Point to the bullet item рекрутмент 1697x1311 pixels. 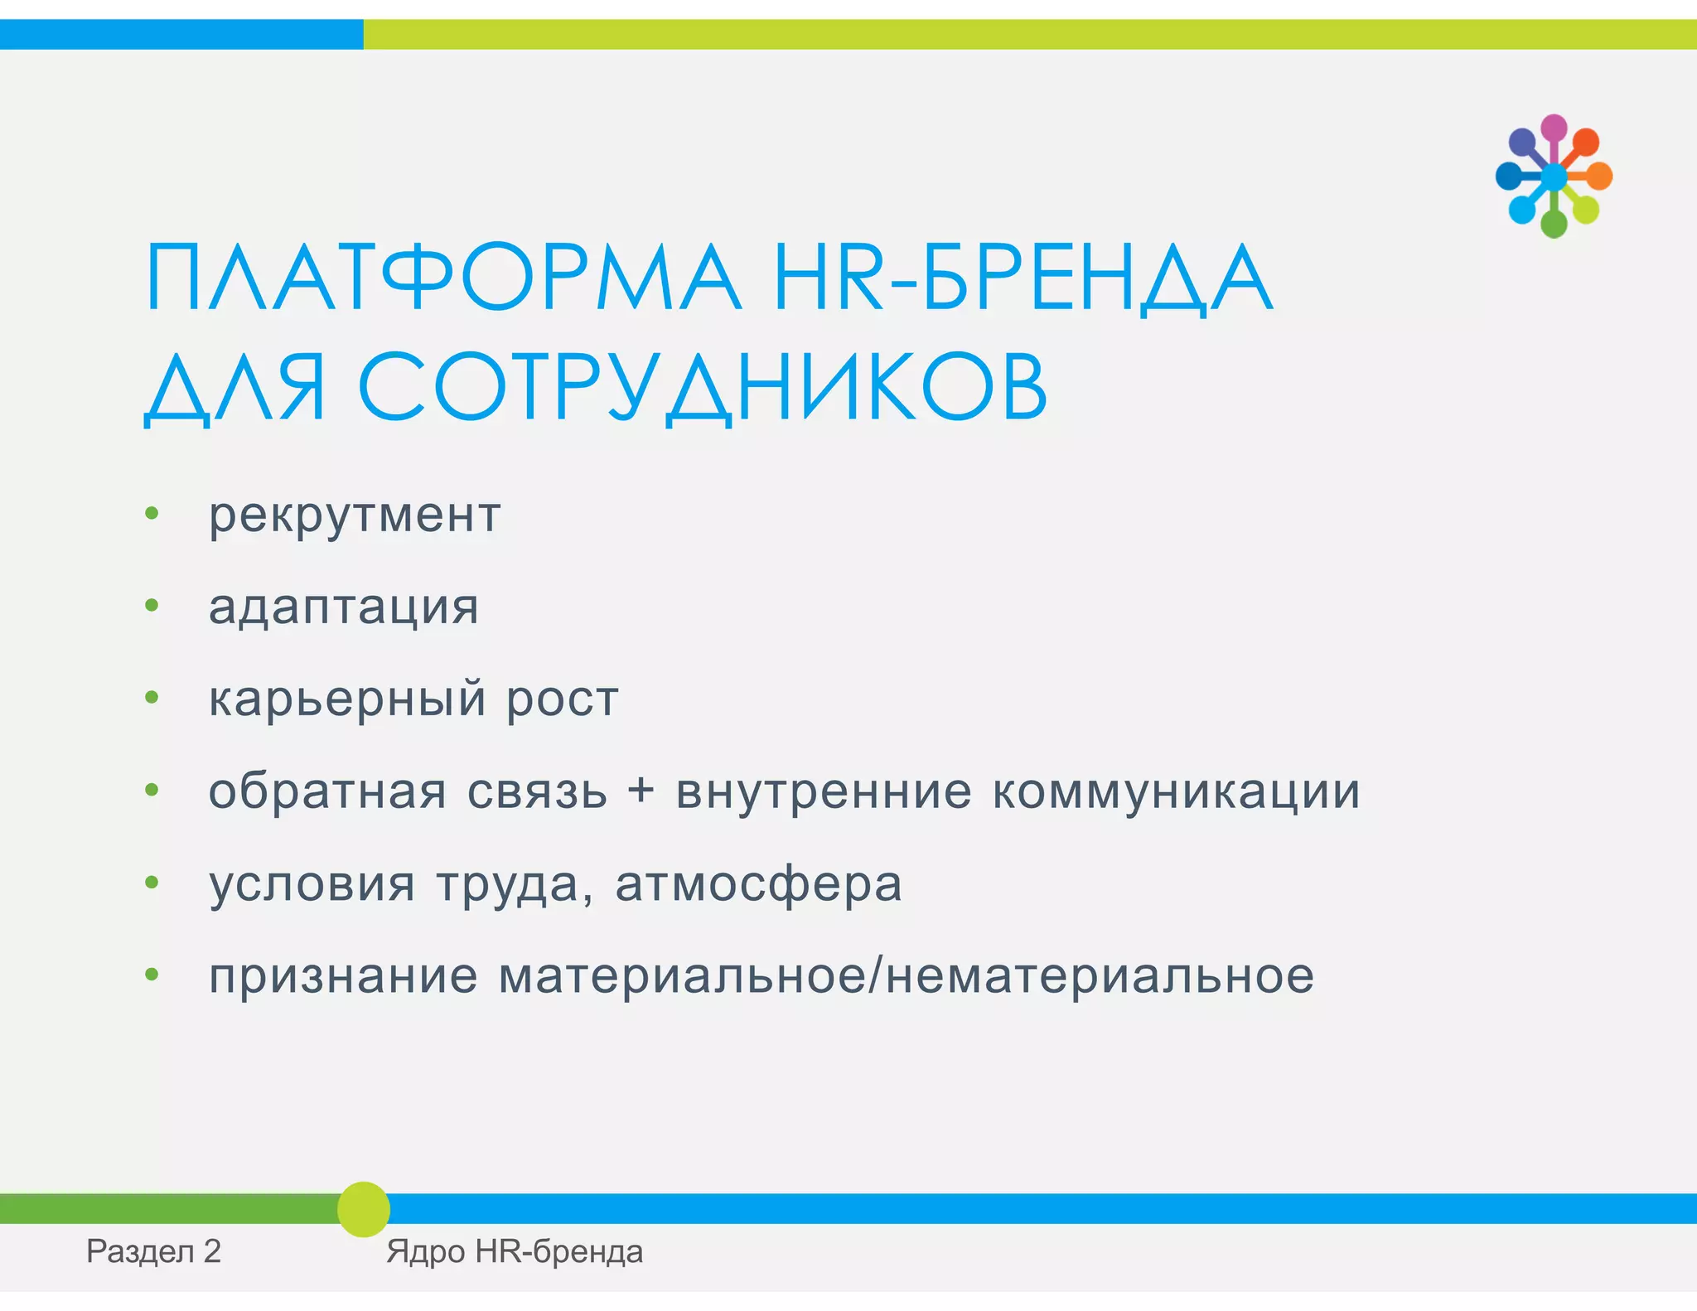pos(355,515)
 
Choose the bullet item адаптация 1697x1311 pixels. pos(344,607)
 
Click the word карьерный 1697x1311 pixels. pos(347,699)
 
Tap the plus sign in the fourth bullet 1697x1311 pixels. pos(641,790)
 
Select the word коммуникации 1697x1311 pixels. pos(1177,791)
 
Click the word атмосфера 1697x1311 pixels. pos(758,883)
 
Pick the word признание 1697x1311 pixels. pos(343,976)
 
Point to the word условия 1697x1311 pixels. pos(312,883)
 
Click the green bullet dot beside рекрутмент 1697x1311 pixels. pos(152,514)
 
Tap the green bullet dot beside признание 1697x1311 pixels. pos(152,975)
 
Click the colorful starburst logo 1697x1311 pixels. pos(1554,177)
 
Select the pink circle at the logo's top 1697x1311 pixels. pos(1554,128)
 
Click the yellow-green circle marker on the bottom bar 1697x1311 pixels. pos(364,1209)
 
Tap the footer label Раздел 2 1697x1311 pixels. pos(154,1251)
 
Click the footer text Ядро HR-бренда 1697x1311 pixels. pos(515,1251)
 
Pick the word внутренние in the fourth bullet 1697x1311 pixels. pos(824,791)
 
